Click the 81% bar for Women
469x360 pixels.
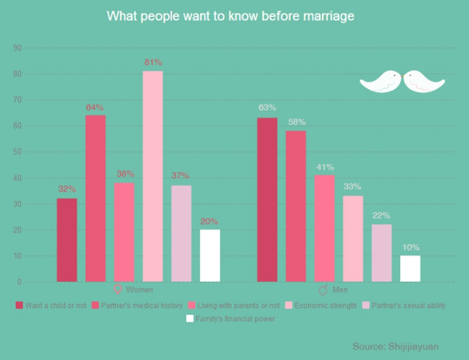click(x=152, y=176)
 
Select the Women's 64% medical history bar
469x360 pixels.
click(x=95, y=198)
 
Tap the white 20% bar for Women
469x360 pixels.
click(x=210, y=255)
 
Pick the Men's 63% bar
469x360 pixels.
click(x=267, y=199)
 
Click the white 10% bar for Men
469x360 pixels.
click(x=410, y=268)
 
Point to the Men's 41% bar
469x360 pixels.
click(x=324, y=228)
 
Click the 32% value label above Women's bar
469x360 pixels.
click(x=67, y=189)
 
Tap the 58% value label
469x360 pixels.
click(x=296, y=122)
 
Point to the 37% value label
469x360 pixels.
click(x=181, y=176)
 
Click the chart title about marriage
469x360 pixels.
click(x=234, y=16)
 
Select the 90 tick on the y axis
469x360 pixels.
click(x=17, y=48)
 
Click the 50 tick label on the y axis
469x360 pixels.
click(x=17, y=151)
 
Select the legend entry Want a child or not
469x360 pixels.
click(x=53, y=305)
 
